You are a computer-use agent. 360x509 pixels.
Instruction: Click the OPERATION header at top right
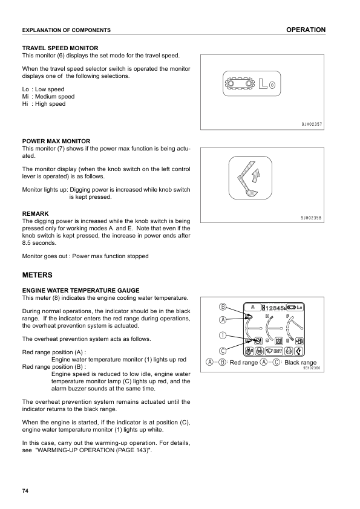pos(306,30)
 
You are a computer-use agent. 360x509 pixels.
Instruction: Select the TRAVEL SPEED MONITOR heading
pos(60,48)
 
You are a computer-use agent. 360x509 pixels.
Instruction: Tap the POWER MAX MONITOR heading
pos(56,141)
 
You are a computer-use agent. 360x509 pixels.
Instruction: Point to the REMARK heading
pos(35,213)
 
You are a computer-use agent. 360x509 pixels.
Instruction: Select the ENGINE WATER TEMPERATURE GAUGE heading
pos(80,290)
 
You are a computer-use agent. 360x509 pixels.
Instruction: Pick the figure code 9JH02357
pos(311,124)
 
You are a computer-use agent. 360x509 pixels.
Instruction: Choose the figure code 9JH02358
pos(311,216)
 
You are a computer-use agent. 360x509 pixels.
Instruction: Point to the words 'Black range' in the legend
pos(300,363)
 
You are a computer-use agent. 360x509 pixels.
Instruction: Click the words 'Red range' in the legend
pos(244,363)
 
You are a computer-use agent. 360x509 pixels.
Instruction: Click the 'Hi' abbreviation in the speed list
pos(25,104)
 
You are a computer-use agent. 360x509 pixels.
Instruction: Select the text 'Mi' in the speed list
pos(25,97)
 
